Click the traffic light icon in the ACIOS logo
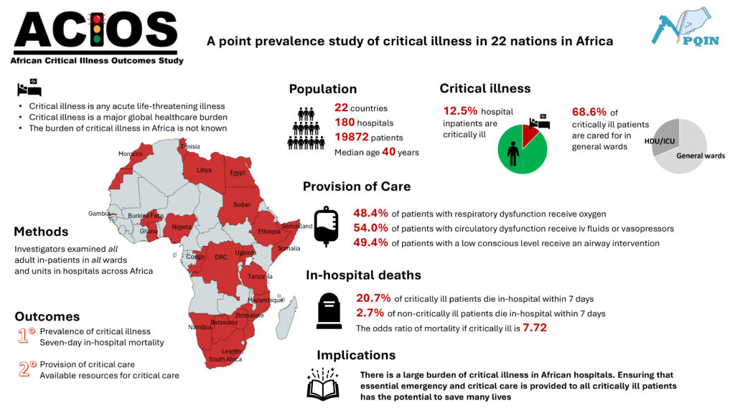tap(97, 28)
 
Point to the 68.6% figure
tap(589, 112)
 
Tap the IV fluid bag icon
tap(326, 227)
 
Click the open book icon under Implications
tap(323, 385)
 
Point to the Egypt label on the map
tap(238, 173)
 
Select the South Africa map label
tap(225, 359)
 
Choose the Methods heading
tap(41, 232)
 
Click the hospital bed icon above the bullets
tap(29, 90)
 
